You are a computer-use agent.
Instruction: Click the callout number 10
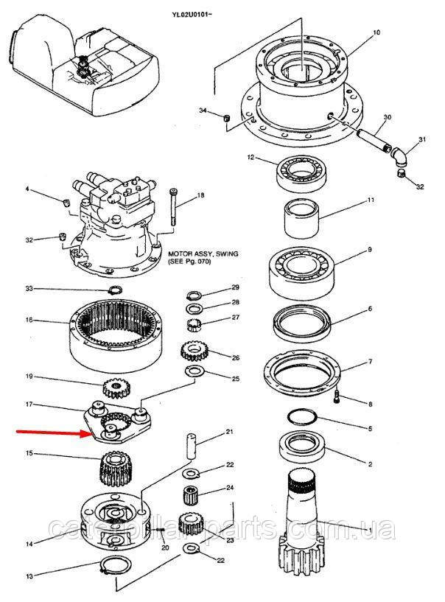376,33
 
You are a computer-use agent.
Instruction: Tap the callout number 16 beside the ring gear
29,321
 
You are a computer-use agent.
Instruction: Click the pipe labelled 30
372,138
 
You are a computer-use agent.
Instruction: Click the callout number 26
236,359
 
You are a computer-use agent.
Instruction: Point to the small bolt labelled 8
337,399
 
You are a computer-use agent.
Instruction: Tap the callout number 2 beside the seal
369,464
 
